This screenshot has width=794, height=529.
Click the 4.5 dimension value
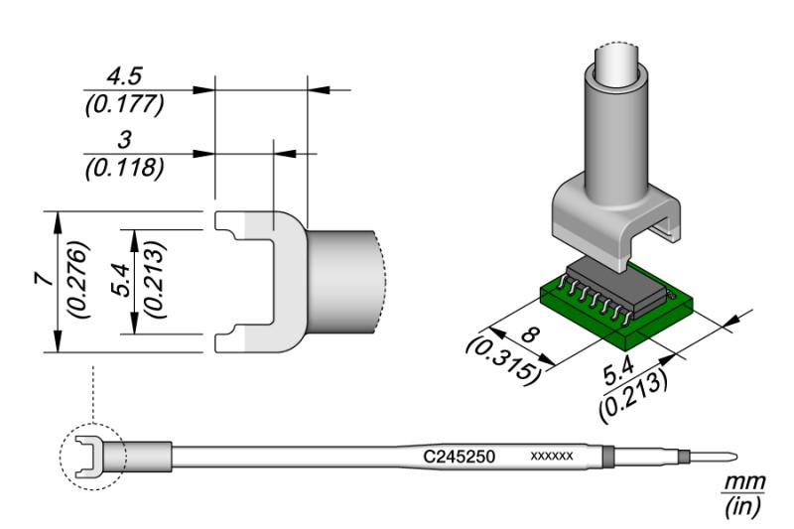(x=123, y=77)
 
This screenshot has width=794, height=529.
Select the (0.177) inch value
(x=125, y=105)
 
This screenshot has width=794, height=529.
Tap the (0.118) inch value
(x=125, y=169)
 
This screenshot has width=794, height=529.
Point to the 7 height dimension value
(x=45, y=279)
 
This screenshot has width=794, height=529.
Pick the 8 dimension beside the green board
(x=530, y=335)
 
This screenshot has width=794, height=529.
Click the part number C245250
(x=459, y=457)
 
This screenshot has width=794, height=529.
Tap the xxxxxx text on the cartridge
(x=552, y=457)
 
